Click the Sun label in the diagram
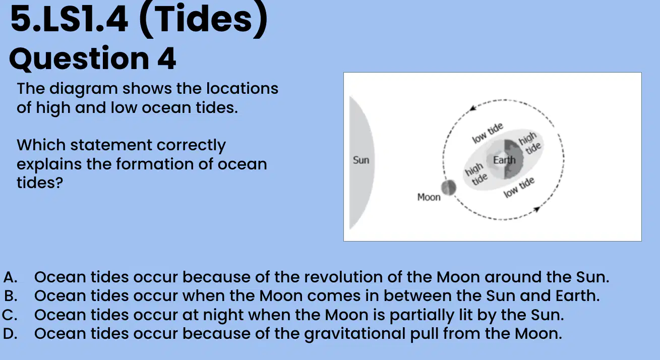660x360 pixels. (x=361, y=160)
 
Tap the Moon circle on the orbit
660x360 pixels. (x=448, y=188)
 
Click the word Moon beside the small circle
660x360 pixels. (x=429, y=197)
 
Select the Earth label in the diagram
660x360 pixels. (x=504, y=160)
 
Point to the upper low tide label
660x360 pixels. (x=488, y=133)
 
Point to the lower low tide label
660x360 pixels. (x=519, y=188)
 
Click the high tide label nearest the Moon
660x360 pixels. (x=476, y=174)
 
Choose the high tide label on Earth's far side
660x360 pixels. (x=530, y=143)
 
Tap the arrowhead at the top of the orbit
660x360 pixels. (x=472, y=108)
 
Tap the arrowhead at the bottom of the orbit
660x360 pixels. (x=537, y=209)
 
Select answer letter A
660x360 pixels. (x=10, y=277)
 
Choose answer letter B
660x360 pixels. (x=11, y=296)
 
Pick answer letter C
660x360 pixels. (x=10, y=315)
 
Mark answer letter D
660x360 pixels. (x=10, y=334)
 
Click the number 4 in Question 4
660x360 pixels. (x=167, y=58)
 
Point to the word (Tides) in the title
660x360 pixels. (x=203, y=20)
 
